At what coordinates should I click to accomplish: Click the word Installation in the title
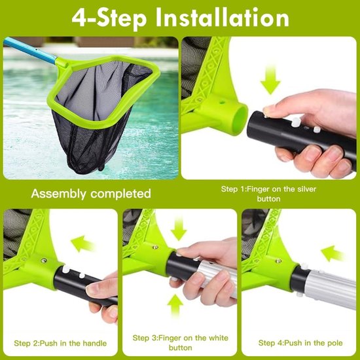coord(223,18)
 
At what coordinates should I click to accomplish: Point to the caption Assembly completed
coord(91,194)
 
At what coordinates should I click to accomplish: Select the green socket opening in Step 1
coord(240,118)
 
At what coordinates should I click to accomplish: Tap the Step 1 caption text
coord(268,194)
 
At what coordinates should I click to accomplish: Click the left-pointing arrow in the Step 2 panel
coord(82,244)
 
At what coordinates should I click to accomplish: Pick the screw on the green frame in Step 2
coord(43,261)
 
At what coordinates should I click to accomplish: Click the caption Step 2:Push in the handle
coord(60,343)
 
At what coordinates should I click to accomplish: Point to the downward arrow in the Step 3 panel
coord(179,228)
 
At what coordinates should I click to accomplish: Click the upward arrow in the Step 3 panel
coord(175,305)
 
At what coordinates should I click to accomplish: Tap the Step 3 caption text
coord(181,342)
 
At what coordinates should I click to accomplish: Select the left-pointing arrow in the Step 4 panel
coord(333,253)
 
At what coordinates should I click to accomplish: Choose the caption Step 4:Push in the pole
coord(300,343)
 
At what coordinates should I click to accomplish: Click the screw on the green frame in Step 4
coord(278,261)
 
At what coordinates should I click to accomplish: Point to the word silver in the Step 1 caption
coord(307,189)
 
